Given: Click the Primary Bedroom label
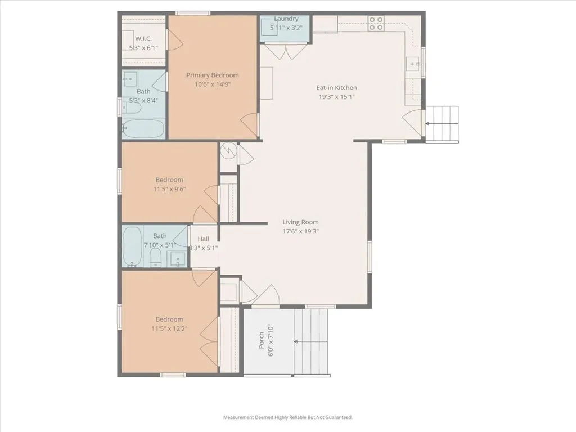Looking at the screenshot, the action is coord(212,75).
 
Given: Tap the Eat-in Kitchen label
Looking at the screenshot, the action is coord(336,88).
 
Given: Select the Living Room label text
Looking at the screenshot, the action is coord(300,222).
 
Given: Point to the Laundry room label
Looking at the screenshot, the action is coord(286,19).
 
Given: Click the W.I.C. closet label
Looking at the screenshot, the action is coord(143,39).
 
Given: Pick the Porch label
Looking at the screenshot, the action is coord(261,340).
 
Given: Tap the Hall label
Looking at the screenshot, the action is coord(204,238).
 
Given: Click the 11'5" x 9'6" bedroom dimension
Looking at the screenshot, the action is coord(169,189).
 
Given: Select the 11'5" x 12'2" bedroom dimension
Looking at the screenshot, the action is coord(169,328).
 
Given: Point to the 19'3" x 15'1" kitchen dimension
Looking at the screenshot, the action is coord(336,97).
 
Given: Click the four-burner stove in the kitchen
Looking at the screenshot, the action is coord(376,23).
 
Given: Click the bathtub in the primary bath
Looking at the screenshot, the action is coord(143,129).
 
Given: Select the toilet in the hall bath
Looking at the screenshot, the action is coord(156,257).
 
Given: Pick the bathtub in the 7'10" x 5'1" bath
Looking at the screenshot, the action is coord(132,246).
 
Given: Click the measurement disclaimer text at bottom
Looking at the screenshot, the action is coord(288,417).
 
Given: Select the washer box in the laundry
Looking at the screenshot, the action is coord(269,26).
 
